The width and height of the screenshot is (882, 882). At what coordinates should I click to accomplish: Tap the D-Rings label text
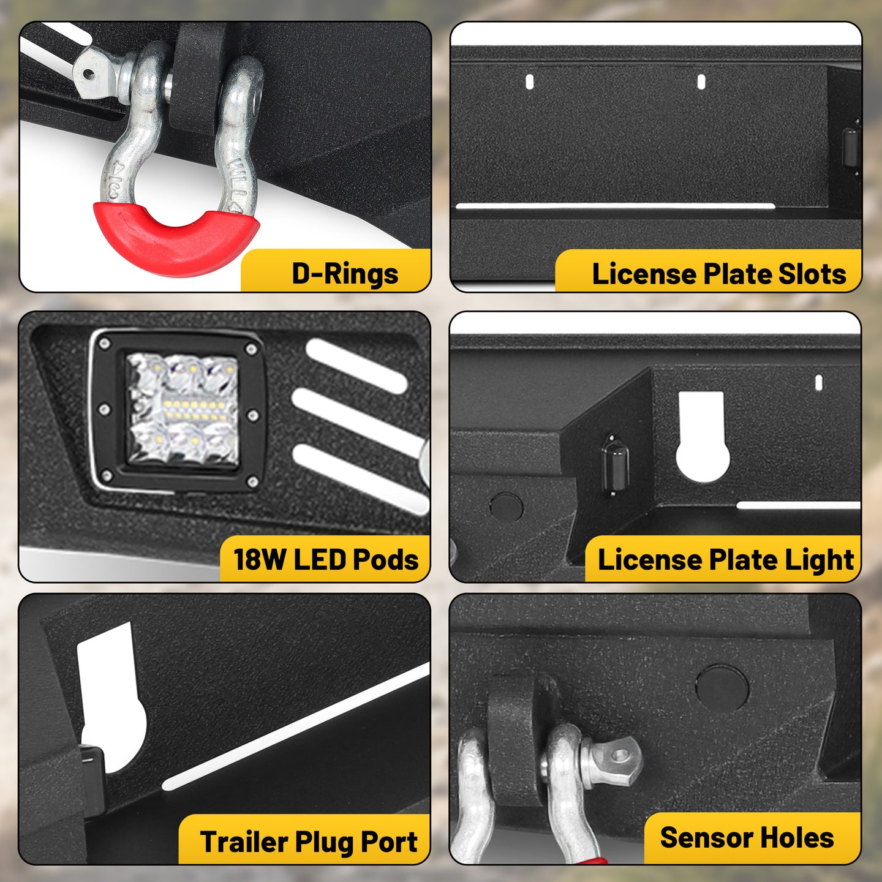click(345, 274)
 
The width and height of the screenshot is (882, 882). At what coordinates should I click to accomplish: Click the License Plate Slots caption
click(719, 274)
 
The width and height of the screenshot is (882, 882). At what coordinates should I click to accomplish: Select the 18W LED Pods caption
click(326, 559)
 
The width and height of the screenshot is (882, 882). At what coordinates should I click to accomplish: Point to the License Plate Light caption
click(726, 560)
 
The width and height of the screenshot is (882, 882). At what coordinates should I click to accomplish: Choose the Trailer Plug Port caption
click(309, 842)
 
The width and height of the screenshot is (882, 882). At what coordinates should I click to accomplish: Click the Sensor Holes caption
click(747, 838)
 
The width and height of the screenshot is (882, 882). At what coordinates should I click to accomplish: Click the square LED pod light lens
click(183, 409)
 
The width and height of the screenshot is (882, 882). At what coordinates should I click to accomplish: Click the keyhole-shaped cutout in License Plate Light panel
click(703, 437)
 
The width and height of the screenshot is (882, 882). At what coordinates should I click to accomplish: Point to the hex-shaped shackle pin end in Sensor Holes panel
click(611, 762)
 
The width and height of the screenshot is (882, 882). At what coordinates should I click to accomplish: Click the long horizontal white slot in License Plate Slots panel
click(615, 206)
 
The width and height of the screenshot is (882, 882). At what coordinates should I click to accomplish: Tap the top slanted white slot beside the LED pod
click(356, 366)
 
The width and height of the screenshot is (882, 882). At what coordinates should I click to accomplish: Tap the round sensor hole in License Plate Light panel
click(506, 507)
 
